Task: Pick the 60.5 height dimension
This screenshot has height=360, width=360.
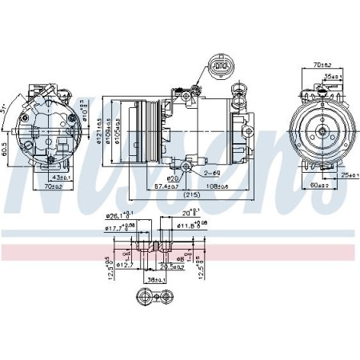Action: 6,149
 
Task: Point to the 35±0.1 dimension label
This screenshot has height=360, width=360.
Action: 331,77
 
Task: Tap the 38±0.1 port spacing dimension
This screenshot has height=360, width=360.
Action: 154,280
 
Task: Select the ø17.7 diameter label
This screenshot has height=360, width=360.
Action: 118,228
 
